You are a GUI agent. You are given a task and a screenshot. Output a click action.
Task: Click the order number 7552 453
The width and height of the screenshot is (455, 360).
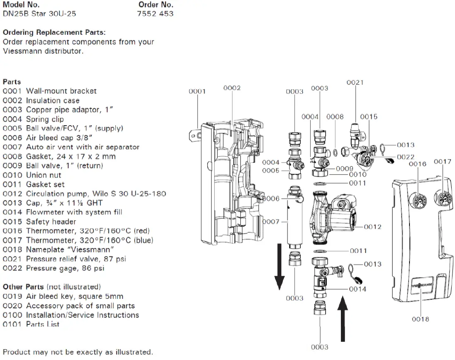(x=155, y=14)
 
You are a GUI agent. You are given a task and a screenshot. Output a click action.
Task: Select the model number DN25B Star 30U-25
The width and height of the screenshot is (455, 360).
(x=39, y=14)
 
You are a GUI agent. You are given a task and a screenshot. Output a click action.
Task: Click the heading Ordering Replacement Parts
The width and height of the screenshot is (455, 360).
(x=54, y=32)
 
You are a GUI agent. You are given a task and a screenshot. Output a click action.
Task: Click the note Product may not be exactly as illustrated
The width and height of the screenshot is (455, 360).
(x=78, y=353)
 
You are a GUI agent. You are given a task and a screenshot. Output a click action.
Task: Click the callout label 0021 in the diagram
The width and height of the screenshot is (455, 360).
(x=355, y=83)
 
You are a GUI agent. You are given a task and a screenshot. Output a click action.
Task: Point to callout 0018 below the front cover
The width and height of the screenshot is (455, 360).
(x=420, y=319)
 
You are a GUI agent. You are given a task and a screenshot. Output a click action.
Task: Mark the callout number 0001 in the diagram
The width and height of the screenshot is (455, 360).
(x=197, y=91)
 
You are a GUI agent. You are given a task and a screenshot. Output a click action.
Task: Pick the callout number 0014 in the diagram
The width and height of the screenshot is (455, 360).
(x=357, y=289)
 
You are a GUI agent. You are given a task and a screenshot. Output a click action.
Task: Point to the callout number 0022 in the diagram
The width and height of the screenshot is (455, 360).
(x=405, y=157)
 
